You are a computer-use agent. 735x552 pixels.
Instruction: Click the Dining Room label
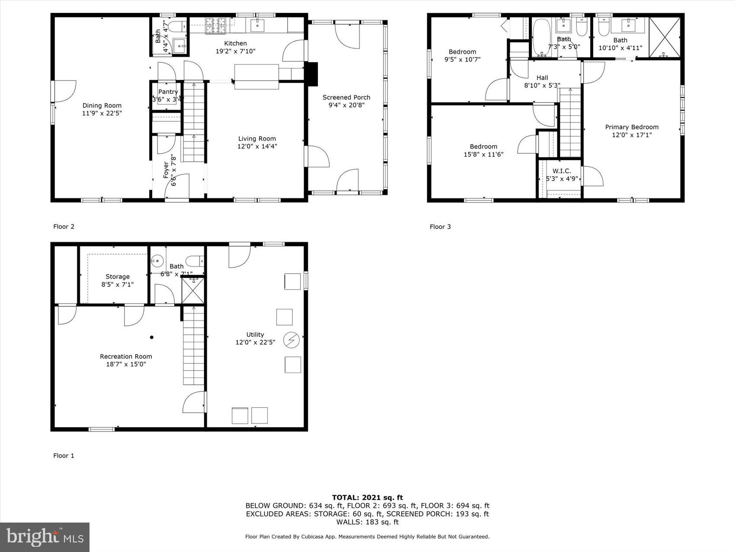point(102,105)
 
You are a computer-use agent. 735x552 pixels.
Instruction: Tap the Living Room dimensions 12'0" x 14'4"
point(257,146)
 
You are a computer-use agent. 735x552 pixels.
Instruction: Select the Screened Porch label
point(346,97)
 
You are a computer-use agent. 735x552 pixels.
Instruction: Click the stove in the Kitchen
point(215,25)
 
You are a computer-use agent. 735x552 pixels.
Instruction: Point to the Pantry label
point(168,92)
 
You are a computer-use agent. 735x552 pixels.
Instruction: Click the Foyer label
point(166,170)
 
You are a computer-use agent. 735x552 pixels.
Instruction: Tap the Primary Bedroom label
point(632,127)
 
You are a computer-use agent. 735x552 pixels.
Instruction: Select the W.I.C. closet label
point(562,171)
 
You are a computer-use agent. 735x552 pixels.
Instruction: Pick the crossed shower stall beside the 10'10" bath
point(665,37)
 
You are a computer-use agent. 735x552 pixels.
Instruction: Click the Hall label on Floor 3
point(542,78)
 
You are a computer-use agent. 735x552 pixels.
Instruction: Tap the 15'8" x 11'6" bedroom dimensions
point(483,154)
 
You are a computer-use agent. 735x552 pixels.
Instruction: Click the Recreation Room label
point(126,356)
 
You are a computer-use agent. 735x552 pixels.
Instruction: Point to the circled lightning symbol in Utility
point(291,340)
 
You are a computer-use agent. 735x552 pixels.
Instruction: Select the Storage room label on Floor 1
point(117,277)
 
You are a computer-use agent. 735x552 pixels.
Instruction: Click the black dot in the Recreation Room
point(152,337)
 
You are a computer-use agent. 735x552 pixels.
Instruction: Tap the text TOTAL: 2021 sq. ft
point(367,497)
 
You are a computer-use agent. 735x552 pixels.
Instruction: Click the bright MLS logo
point(45,537)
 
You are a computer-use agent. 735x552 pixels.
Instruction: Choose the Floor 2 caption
point(64,226)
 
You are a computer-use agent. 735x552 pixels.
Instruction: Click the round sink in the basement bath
point(157,261)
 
